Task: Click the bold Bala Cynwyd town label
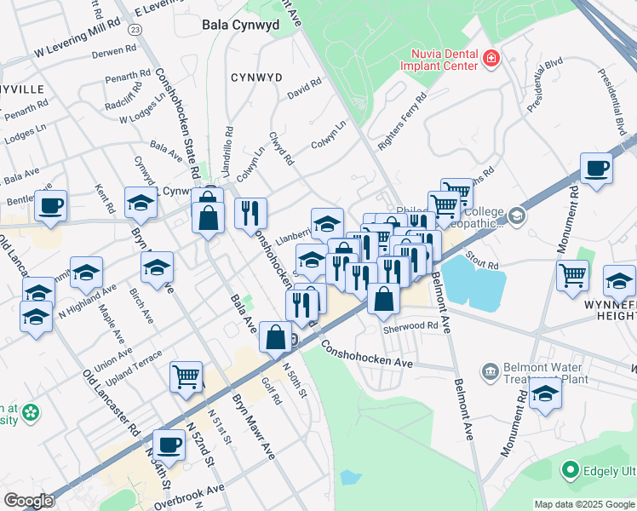pos(241,26)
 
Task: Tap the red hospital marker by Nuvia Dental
pos(491,59)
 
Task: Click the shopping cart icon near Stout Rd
pos(572,274)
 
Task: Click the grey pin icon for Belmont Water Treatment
pos(490,370)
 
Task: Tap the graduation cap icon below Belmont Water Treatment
pos(545,393)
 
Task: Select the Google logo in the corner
pos(28,501)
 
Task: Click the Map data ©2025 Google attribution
pos(584,504)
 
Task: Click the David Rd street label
pos(304,88)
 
